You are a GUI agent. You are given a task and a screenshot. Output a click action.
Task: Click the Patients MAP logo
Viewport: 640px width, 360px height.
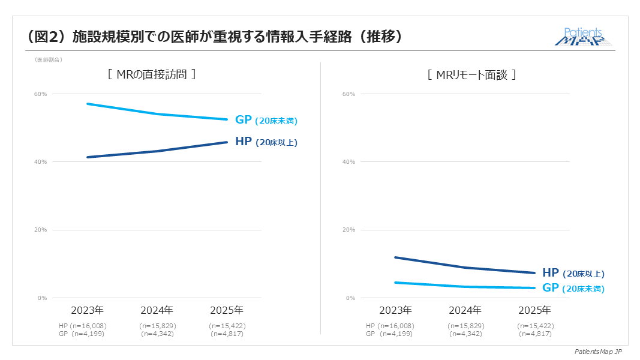tap(584, 37)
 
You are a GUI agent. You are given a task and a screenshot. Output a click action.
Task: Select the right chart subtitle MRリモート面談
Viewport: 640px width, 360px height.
tap(471, 75)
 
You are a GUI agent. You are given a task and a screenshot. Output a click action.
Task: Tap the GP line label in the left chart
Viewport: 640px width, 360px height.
tap(266, 120)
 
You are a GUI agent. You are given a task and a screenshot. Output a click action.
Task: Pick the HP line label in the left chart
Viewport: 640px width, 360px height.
tap(266, 142)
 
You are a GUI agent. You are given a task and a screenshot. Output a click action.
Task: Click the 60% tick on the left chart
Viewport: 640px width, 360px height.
tap(41, 94)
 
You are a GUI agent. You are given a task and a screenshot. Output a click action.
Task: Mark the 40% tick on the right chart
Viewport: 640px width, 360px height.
tap(348, 162)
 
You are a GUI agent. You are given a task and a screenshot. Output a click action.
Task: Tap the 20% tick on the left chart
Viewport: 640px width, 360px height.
tap(41, 230)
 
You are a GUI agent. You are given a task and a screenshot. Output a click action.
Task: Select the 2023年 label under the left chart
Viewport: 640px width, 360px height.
tap(88, 310)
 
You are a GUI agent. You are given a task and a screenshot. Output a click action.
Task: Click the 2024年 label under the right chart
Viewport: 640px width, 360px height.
tap(465, 310)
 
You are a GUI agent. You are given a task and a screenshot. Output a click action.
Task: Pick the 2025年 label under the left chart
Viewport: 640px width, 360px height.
tap(227, 310)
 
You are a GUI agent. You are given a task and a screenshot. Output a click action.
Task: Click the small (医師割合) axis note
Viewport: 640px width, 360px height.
tap(48, 59)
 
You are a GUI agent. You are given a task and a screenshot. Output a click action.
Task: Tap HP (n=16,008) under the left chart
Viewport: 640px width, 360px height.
tap(83, 326)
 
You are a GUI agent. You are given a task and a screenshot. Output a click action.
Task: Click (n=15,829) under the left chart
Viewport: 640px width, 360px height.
tap(157, 326)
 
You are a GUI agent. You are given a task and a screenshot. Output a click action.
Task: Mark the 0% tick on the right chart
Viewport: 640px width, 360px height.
tap(350, 298)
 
